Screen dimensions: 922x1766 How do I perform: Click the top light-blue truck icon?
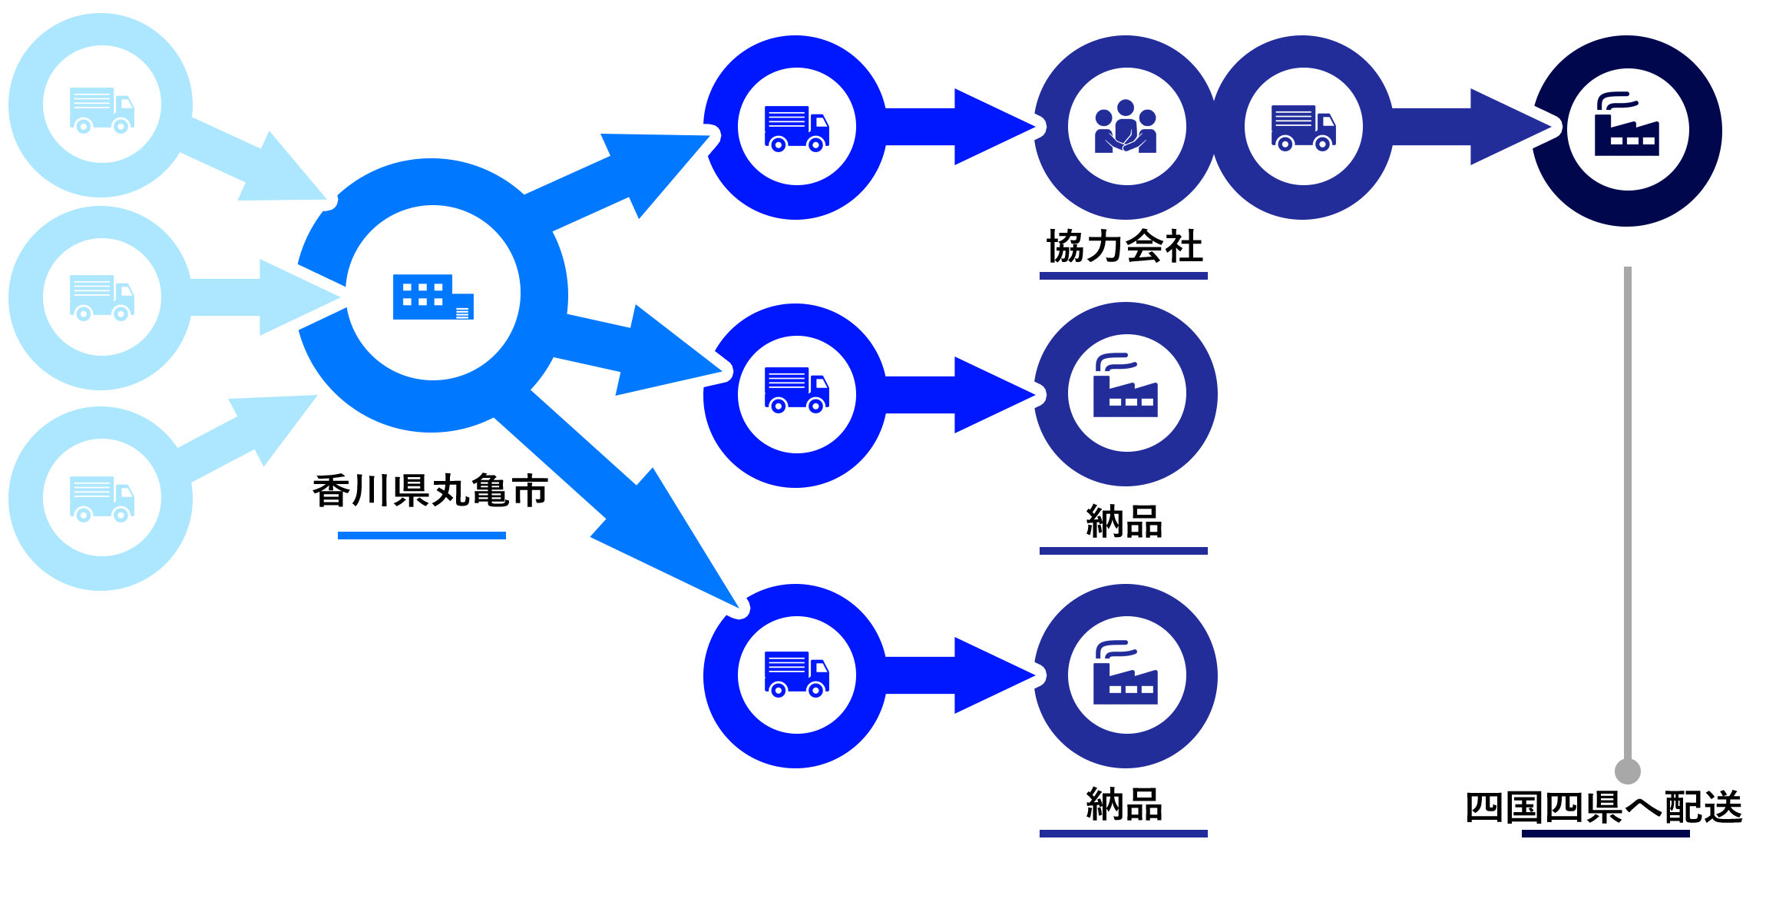tap(102, 108)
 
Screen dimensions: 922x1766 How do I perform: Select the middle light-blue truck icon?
tap(102, 297)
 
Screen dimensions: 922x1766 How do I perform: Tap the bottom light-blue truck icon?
tap(102, 498)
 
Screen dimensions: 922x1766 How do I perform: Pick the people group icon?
tap(1126, 127)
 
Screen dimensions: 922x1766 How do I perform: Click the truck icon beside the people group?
tap(1303, 127)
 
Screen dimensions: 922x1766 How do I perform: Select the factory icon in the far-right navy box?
tap(1627, 127)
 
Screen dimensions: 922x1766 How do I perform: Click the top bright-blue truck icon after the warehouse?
tap(796, 127)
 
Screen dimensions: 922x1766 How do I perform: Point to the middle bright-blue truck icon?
tap(796, 393)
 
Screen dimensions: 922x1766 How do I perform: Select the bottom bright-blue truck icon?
tap(796, 675)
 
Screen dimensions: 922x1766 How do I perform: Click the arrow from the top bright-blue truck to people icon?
tap(960, 127)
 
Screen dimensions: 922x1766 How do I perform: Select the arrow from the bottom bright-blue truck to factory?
tap(960, 675)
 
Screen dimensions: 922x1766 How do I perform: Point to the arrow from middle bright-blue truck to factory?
tap(960, 393)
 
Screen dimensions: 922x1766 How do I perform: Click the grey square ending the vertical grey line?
tap(1627, 770)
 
